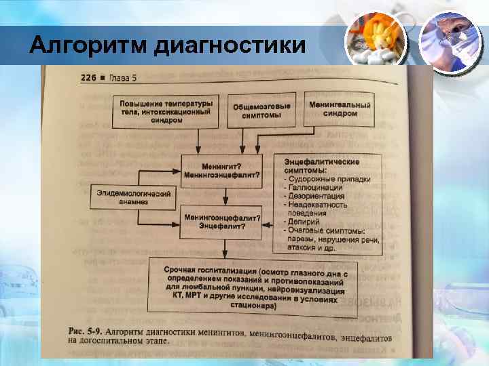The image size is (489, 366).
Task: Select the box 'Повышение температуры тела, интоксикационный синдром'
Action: [166, 110]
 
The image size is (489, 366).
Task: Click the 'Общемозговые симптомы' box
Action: [261, 111]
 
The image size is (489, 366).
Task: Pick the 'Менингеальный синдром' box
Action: [340, 110]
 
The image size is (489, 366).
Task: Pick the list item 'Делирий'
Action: [304, 222]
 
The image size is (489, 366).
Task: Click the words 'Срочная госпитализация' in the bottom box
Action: [204, 270]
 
